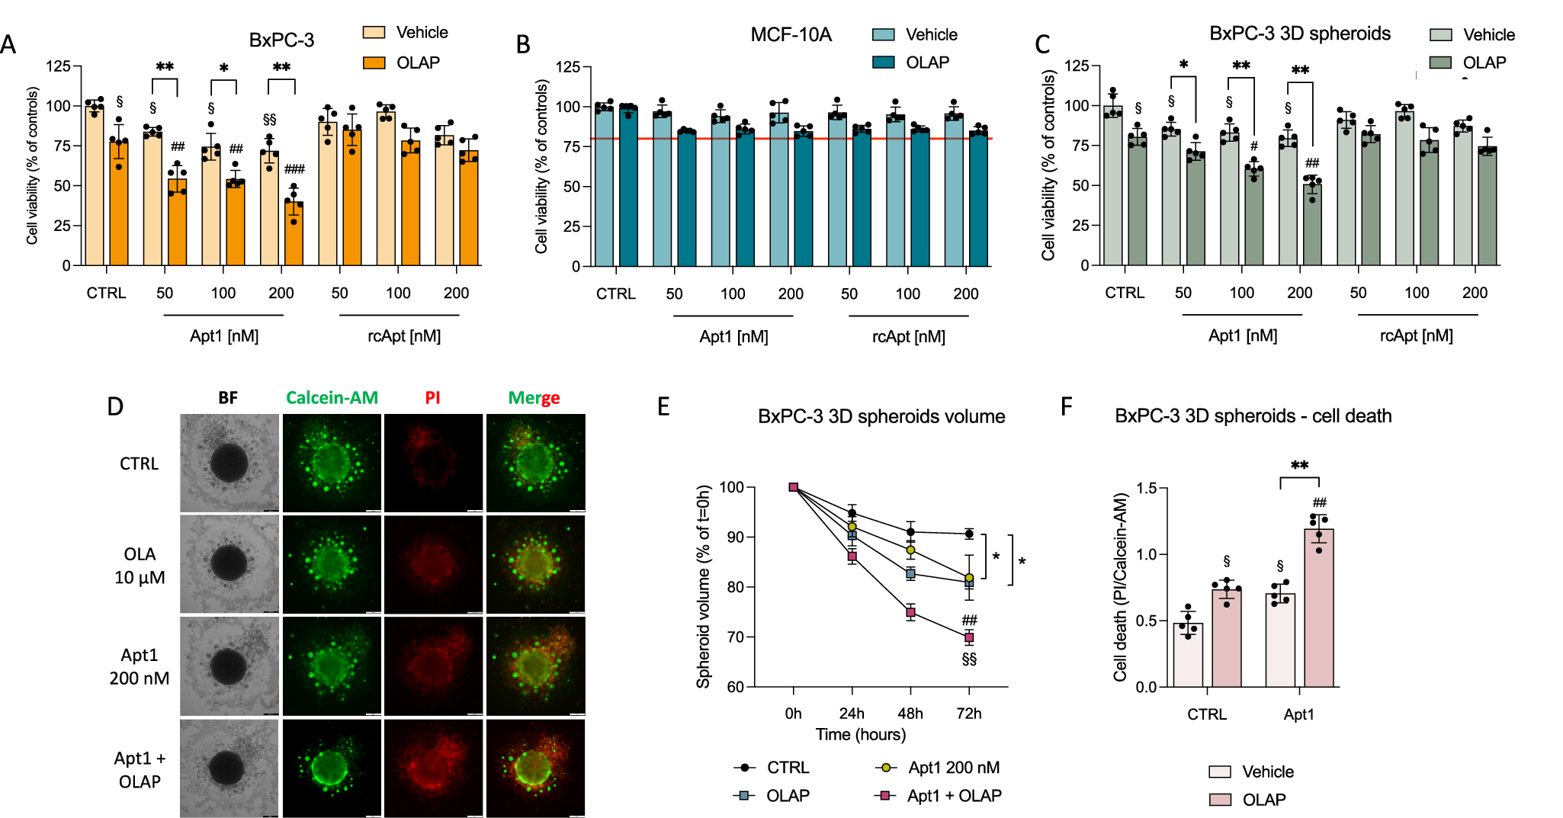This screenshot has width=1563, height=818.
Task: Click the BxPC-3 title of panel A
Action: (x=281, y=40)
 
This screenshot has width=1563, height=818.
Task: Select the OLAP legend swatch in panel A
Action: (x=374, y=63)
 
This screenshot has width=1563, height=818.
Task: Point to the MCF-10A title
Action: (x=791, y=35)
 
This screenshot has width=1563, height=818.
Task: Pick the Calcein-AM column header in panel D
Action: (x=332, y=398)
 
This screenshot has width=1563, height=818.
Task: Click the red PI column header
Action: (x=432, y=398)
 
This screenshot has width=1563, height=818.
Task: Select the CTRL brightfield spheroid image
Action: (x=229, y=463)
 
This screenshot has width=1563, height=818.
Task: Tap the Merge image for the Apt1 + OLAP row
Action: (x=535, y=768)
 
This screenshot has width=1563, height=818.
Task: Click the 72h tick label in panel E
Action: (x=968, y=714)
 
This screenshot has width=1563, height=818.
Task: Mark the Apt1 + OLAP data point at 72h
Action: (x=969, y=637)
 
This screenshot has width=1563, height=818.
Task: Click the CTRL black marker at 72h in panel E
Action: (x=969, y=534)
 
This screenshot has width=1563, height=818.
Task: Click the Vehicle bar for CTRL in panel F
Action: (x=1188, y=656)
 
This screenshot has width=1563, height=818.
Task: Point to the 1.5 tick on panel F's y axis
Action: (x=1146, y=488)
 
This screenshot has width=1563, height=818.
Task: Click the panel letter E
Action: (x=663, y=407)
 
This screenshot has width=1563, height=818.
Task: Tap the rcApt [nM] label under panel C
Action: (x=1416, y=336)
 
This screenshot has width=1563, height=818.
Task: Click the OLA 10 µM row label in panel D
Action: (x=140, y=566)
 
